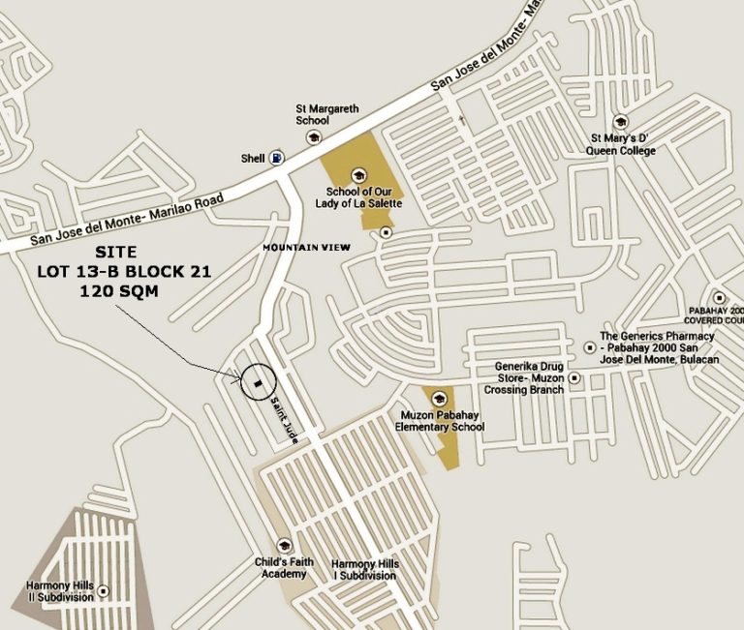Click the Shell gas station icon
(278, 158)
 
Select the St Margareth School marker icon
(313, 138)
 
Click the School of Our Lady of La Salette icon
(358, 175)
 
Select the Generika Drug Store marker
(575, 377)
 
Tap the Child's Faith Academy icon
(284, 546)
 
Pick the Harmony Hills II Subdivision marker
(104, 591)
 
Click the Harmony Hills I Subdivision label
(363, 570)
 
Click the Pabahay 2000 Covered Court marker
(719, 298)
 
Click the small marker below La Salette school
(387, 232)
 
